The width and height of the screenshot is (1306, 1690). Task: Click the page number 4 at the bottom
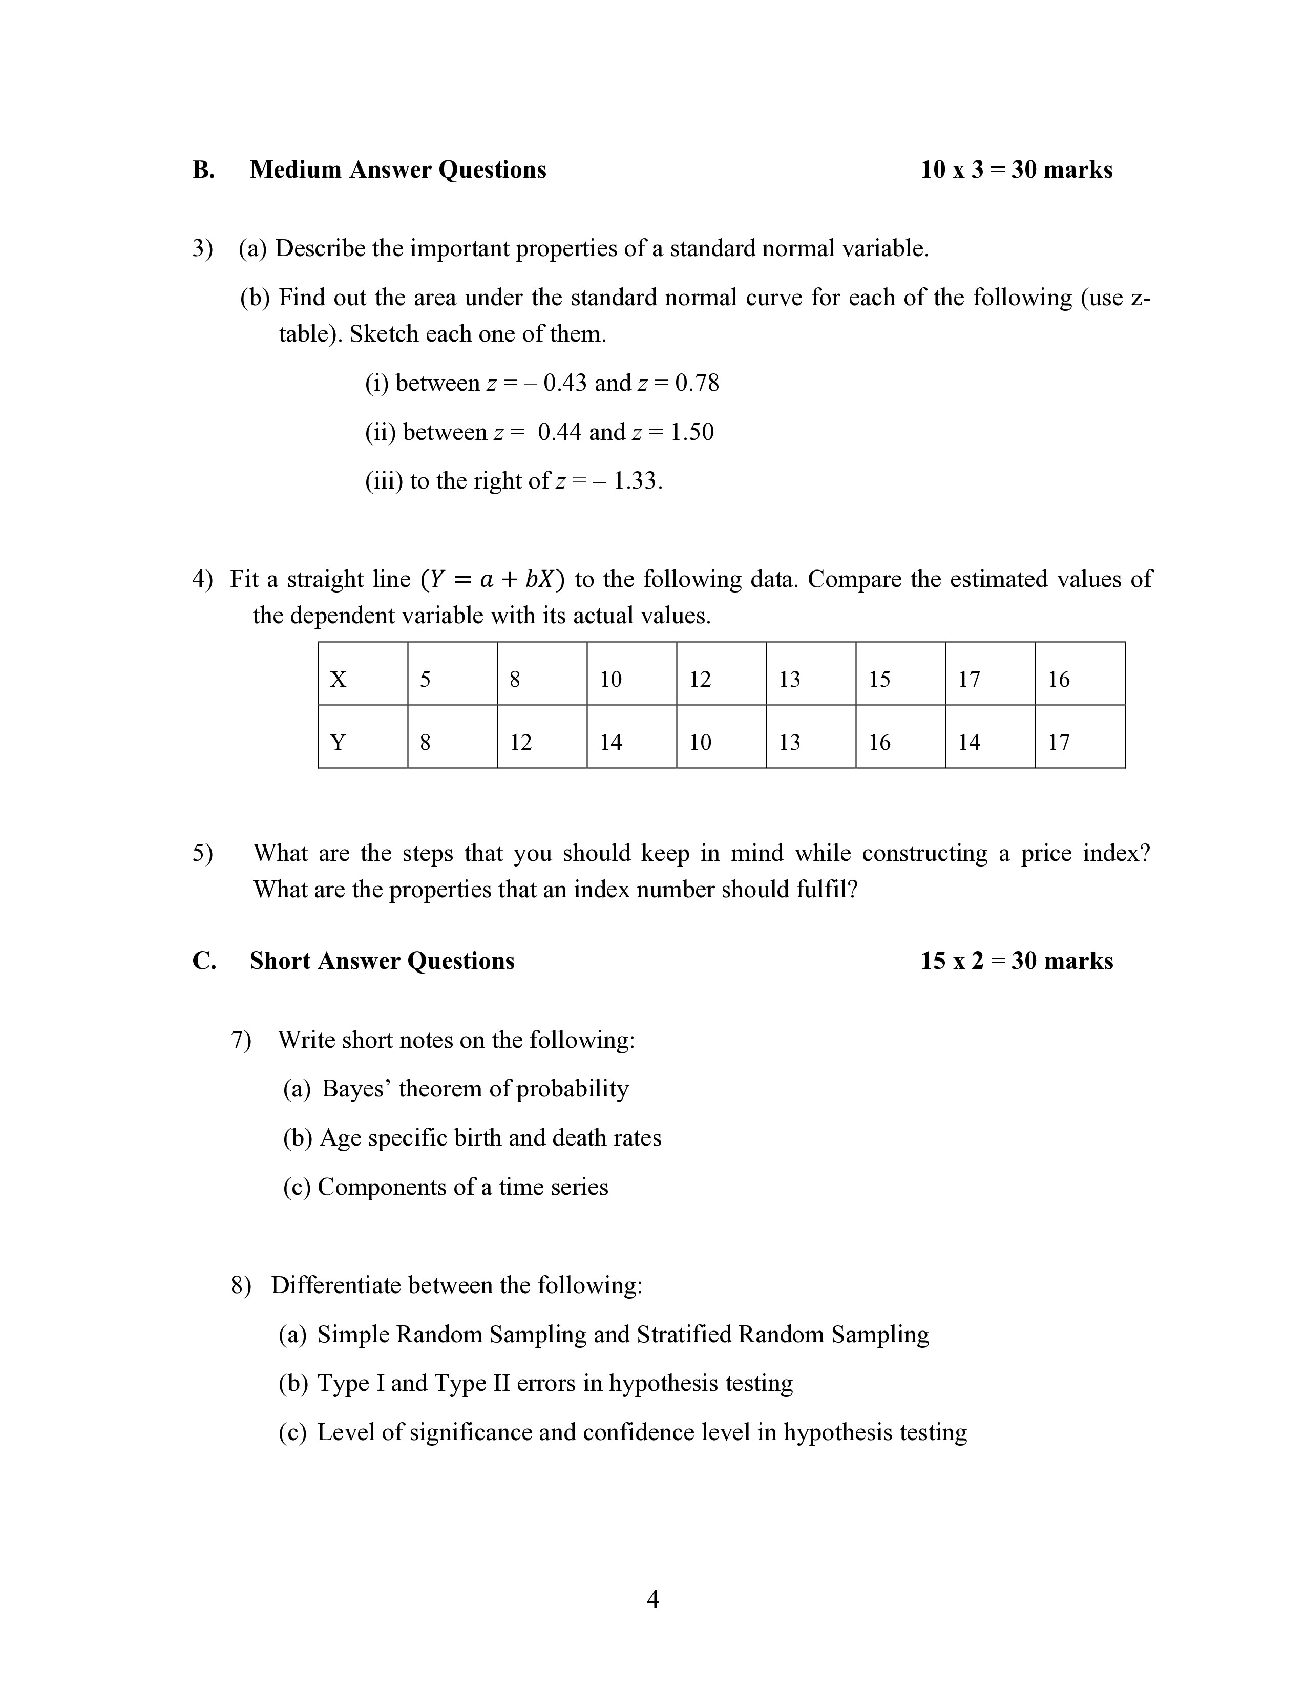click(652, 1599)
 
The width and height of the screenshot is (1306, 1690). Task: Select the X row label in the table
click(338, 680)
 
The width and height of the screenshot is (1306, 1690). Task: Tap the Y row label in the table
click(338, 742)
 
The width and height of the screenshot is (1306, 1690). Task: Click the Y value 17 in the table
click(1059, 742)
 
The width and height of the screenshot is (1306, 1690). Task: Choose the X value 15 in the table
click(879, 680)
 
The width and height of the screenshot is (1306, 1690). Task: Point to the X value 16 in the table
click(1059, 680)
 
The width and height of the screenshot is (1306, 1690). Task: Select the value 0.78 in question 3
click(697, 383)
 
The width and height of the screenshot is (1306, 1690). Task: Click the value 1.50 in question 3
click(692, 432)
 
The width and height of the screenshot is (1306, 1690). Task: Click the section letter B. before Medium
click(203, 170)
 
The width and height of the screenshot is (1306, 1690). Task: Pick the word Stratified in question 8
click(684, 1334)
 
